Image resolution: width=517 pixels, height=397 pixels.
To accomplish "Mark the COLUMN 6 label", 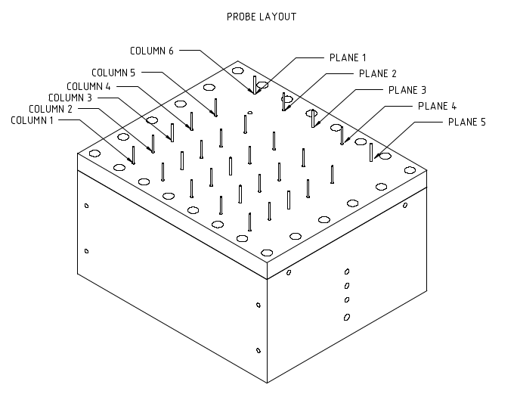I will (x=152, y=51).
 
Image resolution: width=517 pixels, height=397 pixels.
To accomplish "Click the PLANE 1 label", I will (x=348, y=57).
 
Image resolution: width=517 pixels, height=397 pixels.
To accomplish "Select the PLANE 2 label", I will (x=377, y=73).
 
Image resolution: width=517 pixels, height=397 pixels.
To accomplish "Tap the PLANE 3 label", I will (x=407, y=89).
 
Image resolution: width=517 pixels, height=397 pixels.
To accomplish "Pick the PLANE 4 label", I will (x=438, y=106).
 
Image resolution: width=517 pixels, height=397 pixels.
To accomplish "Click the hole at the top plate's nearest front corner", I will (x=265, y=253).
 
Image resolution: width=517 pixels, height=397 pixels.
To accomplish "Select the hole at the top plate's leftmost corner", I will (x=94, y=154).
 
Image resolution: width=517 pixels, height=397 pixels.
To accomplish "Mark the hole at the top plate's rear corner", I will (x=238, y=71).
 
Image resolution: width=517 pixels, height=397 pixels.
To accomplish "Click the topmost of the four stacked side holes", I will (x=347, y=271).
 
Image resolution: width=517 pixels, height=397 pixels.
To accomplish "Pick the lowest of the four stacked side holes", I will (x=347, y=317).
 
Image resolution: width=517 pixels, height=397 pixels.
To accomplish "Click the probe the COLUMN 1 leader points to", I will (x=134, y=155).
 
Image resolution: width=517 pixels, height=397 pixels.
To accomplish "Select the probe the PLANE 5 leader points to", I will (x=371, y=151).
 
